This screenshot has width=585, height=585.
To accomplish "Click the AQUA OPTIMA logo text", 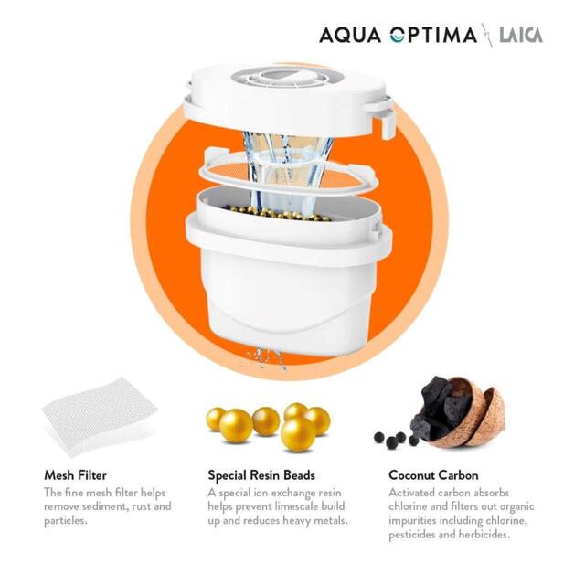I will (x=398, y=36).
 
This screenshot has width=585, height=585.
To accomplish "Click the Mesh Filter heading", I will (x=75, y=475).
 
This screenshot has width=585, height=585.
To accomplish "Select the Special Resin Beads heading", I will (x=261, y=475).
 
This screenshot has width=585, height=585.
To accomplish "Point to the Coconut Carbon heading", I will (x=433, y=475).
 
